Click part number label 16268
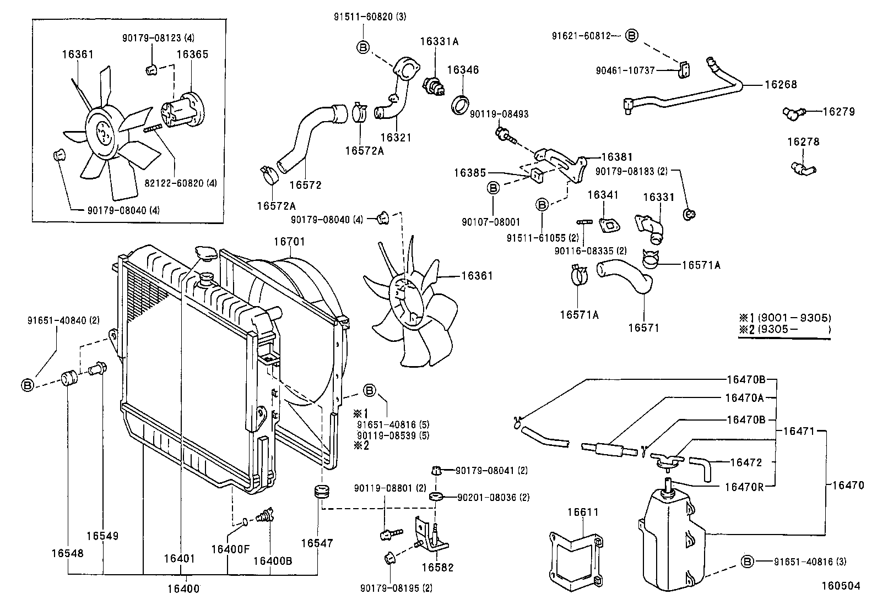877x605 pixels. (x=780, y=85)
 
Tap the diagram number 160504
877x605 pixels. (x=840, y=586)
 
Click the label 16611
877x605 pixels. (x=583, y=512)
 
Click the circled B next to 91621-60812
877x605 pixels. (x=632, y=36)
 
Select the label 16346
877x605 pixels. (x=463, y=70)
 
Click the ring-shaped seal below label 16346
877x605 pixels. (x=462, y=105)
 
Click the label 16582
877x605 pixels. (x=437, y=567)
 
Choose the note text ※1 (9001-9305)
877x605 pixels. (x=785, y=318)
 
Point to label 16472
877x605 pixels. (x=745, y=462)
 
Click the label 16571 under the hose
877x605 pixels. (x=643, y=328)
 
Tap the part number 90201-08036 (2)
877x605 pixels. (x=494, y=497)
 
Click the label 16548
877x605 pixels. (x=68, y=553)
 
